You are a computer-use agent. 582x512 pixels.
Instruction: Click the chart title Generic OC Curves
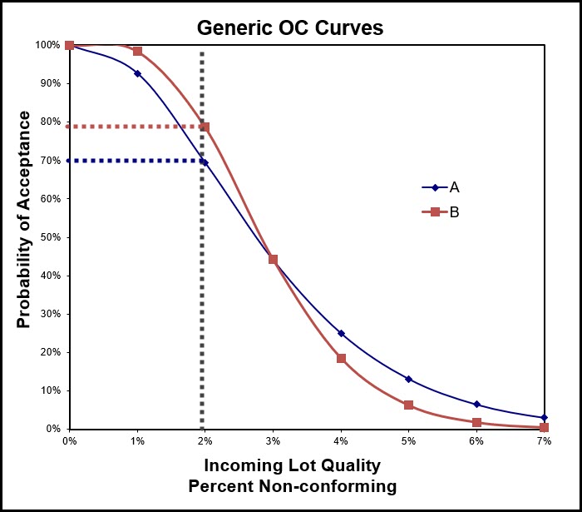click(290, 27)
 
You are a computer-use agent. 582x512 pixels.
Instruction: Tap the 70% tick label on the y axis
click(51, 161)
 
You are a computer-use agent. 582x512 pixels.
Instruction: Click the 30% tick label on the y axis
click(51, 314)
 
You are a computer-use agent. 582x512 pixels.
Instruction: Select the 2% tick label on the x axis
click(205, 441)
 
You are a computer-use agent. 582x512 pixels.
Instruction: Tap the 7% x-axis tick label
click(544, 441)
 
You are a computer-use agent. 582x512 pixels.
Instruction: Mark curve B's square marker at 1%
click(137, 52)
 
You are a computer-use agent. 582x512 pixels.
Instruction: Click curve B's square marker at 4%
click(341, 358)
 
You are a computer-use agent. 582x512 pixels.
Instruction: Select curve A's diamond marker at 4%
click(341, 333)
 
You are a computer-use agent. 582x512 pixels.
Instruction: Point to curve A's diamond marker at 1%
click(137, 73)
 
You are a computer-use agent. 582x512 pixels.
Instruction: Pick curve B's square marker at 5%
click(408, 405)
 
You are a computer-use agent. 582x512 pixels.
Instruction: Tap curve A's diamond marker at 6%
click(476, 404)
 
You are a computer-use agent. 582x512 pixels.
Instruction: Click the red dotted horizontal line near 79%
click(133, 127)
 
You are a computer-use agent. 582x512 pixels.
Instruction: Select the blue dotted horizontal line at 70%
click(133, 161)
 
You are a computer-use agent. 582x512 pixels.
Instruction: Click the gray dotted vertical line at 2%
click(202, 291)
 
